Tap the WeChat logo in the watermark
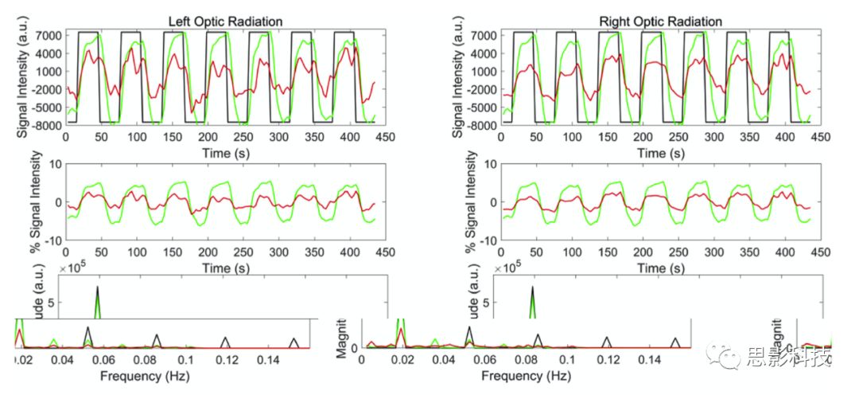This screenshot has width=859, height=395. click(x=727, y=358)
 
